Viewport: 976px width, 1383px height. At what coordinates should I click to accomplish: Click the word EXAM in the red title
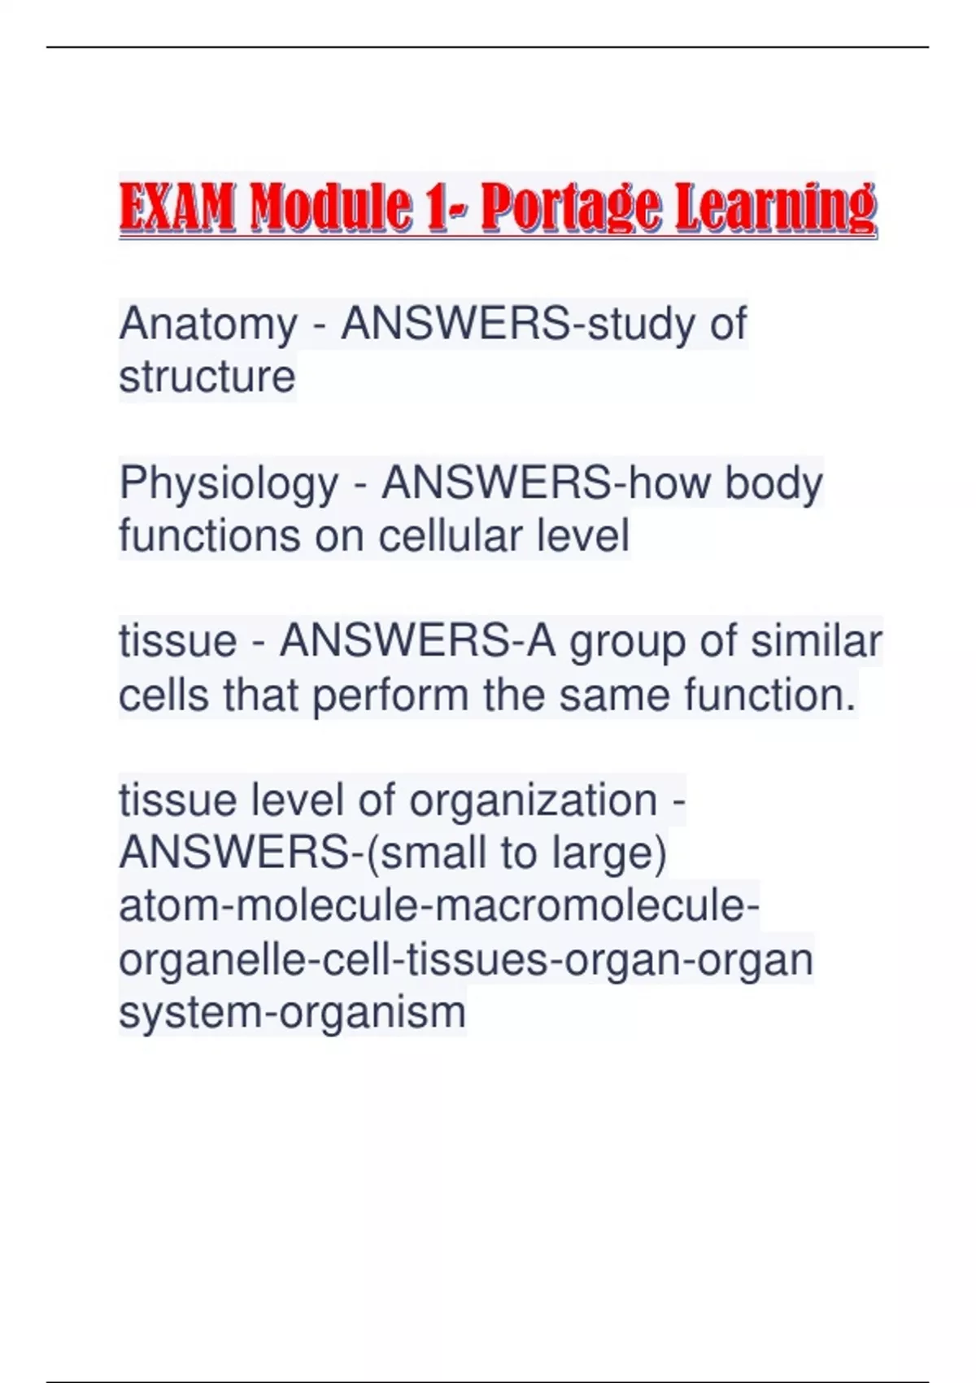pyautogui.click(x=177, y=206)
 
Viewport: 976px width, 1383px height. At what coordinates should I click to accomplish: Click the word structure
pyautogui.click(x=207, y=377)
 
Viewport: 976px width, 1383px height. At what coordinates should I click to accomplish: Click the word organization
pyautogui.click(x=534, y=801)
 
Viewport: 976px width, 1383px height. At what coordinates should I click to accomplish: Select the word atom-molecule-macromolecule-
pyautogui.click(x=439, y=906)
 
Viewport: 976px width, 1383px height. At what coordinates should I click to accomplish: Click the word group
pyautogui.click(x=626, y=643)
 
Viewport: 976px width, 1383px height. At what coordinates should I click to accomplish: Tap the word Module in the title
pyautogui.click(x=329, y=206)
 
